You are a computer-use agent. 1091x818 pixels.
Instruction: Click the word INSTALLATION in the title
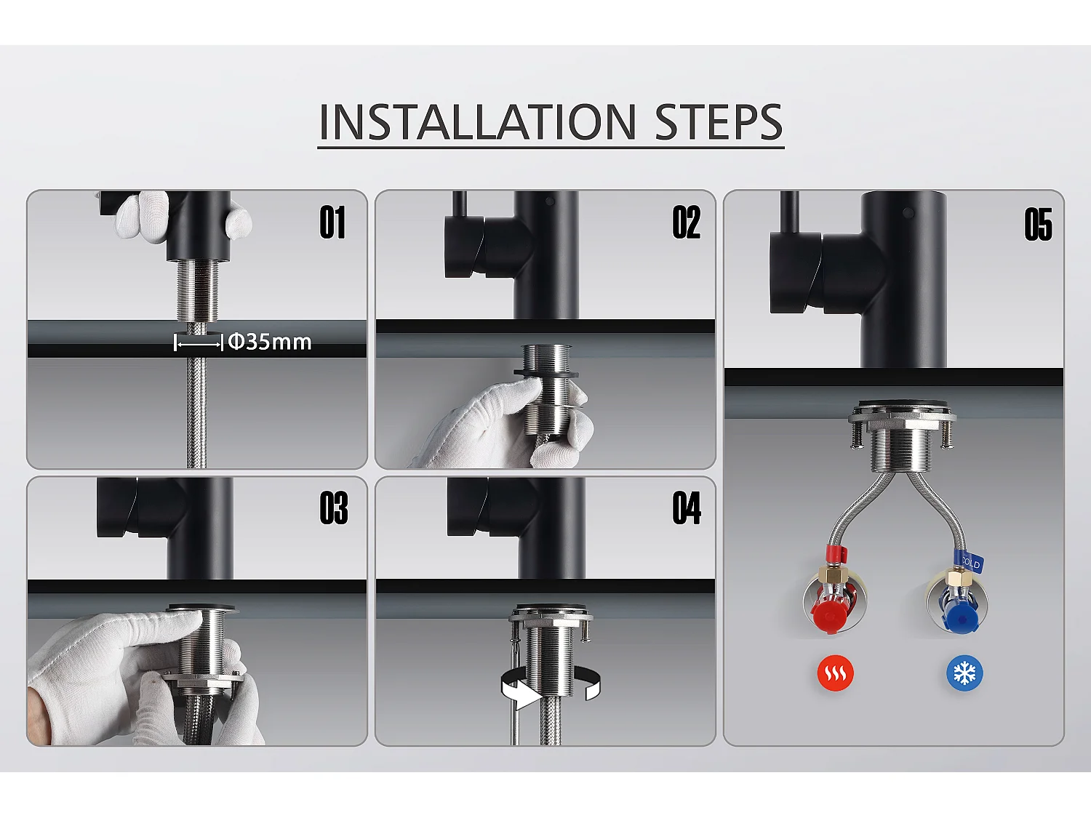point(477,121)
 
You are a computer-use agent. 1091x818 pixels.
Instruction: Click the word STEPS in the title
point(719,121)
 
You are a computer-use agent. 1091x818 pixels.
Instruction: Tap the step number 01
point(332,222)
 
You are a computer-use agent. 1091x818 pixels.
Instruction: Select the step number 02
point(686,222)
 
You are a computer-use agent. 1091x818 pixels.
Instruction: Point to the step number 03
point(334,508)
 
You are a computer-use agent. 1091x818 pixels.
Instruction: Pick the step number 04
point(687,508)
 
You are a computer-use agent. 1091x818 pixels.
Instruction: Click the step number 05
point(1038,225)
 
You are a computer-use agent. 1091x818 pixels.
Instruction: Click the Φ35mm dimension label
point(269,342)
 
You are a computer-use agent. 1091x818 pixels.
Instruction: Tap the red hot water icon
point(835,673)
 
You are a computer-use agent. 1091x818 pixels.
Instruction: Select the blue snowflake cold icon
point(964,673)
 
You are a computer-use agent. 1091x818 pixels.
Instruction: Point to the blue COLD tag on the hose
point(970,562)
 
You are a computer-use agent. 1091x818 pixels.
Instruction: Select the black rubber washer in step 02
point(545,372)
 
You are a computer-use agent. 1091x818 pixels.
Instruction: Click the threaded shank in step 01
point(198,292)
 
